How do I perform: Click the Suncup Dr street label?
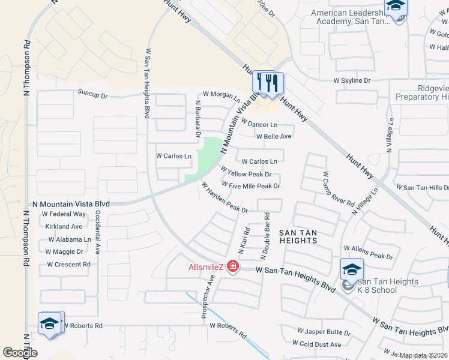click(x=92, y=94)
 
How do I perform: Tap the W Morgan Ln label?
click(x=221, y=94)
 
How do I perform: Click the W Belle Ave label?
click(x=274, y=136)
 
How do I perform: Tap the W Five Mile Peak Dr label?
click(x=251, y=186)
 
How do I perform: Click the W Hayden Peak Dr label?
click(x=225, y=198)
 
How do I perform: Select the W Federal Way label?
click(x=64, y=214)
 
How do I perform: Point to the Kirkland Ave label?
click(x=64, y=227)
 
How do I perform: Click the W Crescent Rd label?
click(x=68, y=264)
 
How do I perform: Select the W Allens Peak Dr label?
click(x=368, y=252)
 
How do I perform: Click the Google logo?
click(x=20, y=352)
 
